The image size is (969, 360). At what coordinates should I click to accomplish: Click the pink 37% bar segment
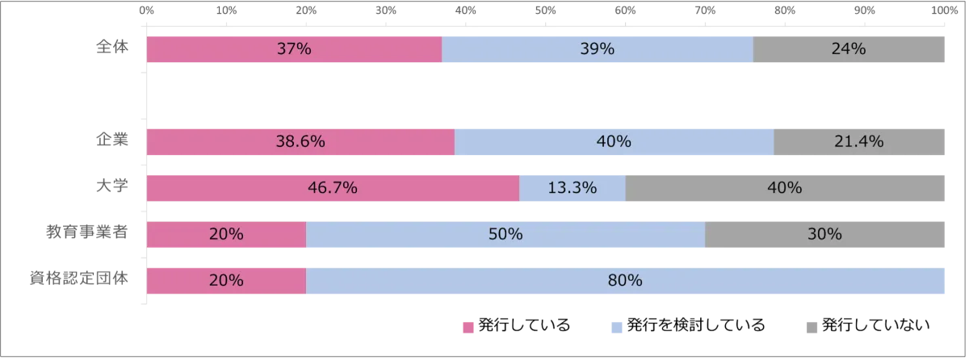[294, 49]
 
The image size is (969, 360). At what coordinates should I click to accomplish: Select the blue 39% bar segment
[598, 49]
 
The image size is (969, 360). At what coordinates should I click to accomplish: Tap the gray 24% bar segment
[851, 49]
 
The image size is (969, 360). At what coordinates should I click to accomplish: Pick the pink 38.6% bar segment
[300, 142]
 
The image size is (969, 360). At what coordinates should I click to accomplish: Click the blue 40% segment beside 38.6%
[614, 142]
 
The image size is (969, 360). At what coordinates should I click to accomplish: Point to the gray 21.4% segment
[861, 142]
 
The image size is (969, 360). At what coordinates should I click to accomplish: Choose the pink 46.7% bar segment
[333, 188]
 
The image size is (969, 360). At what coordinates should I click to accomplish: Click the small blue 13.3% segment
[572, 188]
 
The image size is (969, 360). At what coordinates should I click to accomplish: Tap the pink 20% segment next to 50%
[226, 234]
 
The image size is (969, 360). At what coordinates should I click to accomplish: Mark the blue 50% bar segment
[505, 234]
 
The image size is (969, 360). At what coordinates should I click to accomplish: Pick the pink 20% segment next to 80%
[226, 281]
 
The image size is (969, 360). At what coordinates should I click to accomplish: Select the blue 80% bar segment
[626, 281]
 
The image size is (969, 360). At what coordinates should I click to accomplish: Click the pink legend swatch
[468, 326]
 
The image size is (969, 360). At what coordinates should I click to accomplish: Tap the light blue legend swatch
[616, 326]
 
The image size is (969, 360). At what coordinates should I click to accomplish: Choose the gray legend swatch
[811, 326]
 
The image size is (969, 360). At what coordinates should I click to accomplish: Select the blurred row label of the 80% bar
[78, 280]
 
